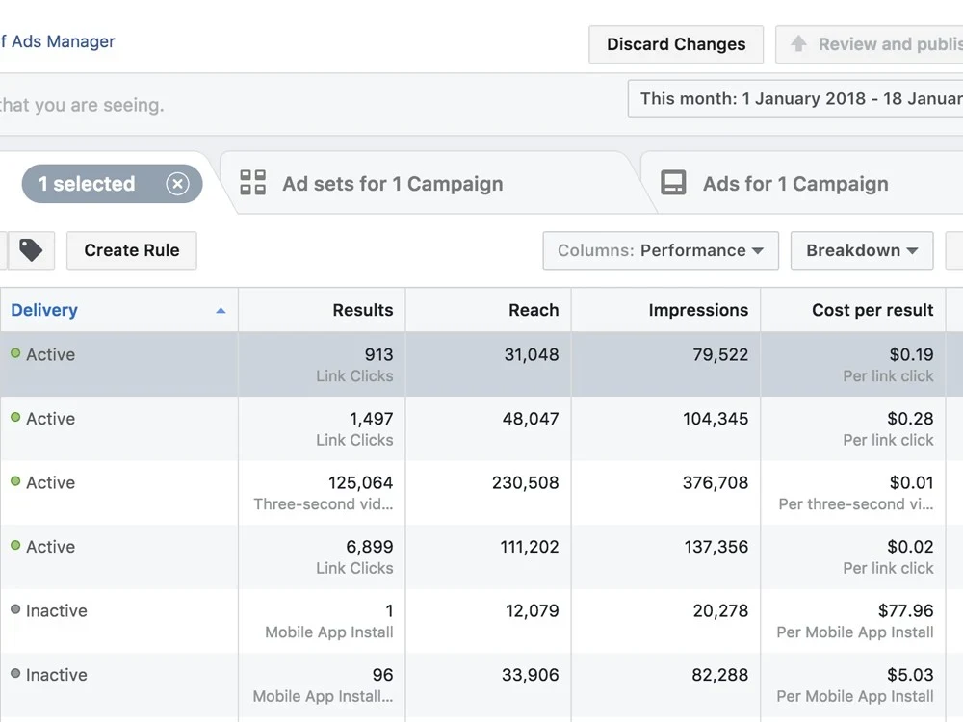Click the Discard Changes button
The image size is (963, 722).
[x=676, y=44]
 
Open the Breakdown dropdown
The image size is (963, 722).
[x=861, y=250]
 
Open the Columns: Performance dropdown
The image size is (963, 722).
[x=660, y=250]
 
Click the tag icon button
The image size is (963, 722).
[x=31, y=250]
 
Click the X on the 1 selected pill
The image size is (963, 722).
[x=177, y=184]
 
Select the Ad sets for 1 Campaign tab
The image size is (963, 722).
[x=392, y=184]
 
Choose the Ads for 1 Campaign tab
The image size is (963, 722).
[x=794, y=184]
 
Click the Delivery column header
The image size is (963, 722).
[x=44, y=310]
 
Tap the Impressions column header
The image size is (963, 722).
[x=698, y=310]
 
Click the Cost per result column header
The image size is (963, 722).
[x=872, y=310]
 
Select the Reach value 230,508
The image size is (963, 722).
[x=525, y=483]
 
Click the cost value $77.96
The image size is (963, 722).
[x=905, y=611]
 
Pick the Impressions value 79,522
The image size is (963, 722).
[x=719, y=355]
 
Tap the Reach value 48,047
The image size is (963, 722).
[x=531, y=419]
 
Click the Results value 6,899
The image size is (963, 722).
[x=370, y=547]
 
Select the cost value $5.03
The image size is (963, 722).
[x=910, y=675]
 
